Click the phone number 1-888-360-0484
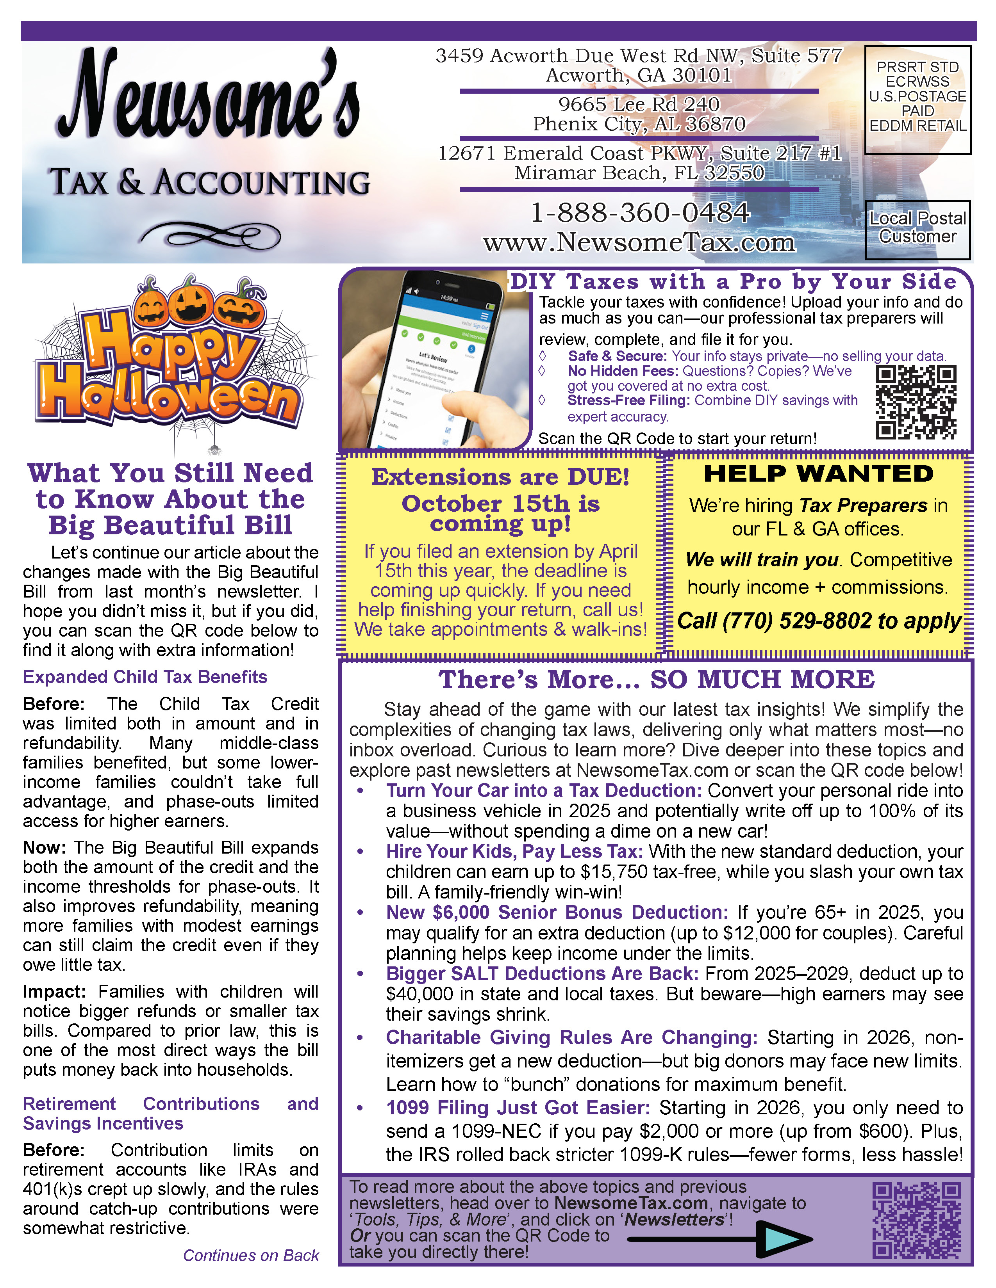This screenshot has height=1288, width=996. pyautogui.click(x=640, y=213)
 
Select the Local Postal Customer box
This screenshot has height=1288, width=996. pyautogui.click(x=917, y=229)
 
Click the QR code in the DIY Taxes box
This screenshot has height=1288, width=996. pyautogui.click(x=916, y=402)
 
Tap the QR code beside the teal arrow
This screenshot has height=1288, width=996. pyautogui.click(x=916, y=1219)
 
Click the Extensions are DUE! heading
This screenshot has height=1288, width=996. pyautogui.click(x=500, y=477)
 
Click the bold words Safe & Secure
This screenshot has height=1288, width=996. pyautogui.click(x=617, y=356)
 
